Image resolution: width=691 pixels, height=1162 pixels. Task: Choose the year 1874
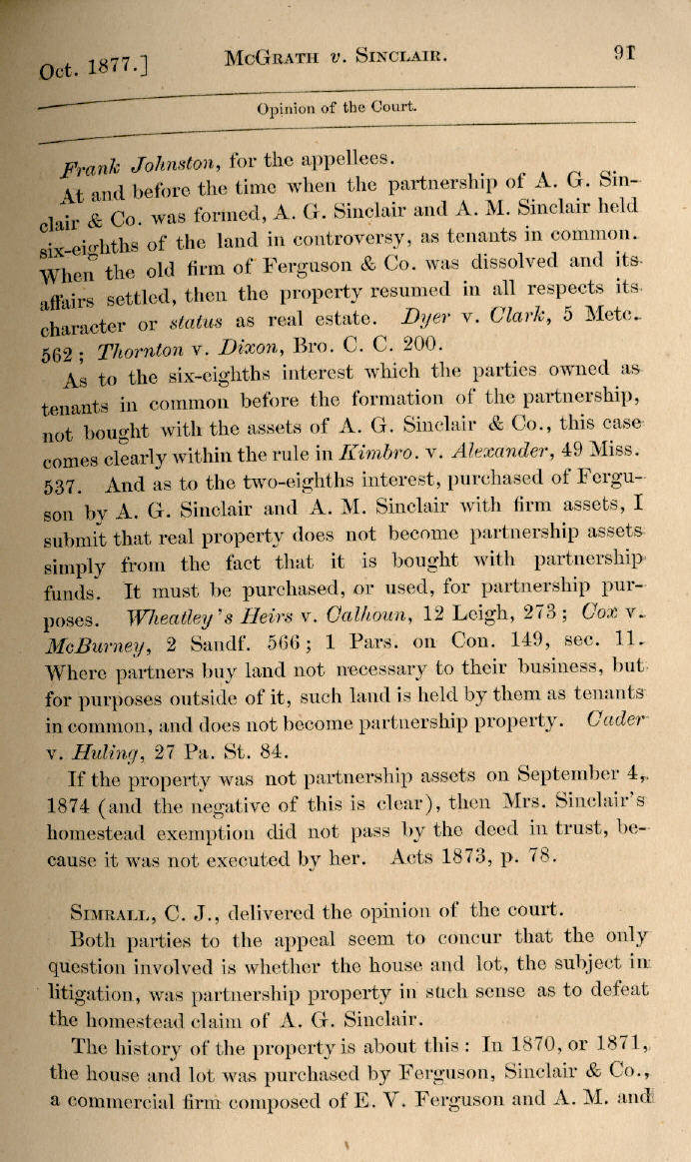pos(70,804)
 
